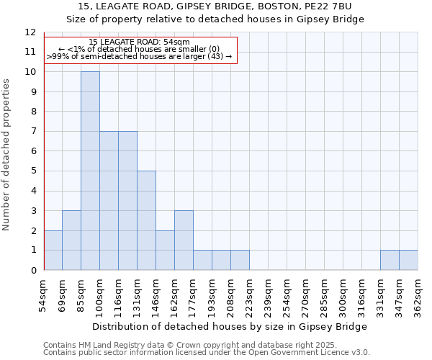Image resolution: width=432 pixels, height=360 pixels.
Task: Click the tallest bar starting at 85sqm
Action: coord(90,171)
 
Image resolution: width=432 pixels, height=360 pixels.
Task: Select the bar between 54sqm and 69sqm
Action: coord(53,250)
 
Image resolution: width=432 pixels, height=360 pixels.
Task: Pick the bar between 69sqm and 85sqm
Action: coord(71,240)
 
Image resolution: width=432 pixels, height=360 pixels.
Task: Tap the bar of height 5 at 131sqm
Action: coord(146,220)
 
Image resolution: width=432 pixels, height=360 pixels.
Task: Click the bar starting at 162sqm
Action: coord(184,240)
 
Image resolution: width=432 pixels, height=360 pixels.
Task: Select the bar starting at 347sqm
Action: coord(408,260)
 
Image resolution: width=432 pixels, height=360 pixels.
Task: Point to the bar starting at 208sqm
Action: coord(240,260)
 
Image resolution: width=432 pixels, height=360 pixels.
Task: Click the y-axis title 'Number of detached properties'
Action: coord(7,154)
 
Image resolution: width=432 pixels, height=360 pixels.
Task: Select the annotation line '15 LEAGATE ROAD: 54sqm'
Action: coord(140,42)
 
